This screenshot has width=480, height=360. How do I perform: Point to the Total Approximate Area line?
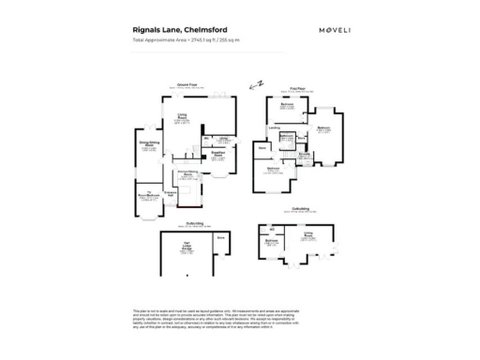click(187, 41)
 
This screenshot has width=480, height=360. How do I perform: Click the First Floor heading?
click(299, 84)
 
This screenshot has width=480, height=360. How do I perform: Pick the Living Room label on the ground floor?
click(182, 116)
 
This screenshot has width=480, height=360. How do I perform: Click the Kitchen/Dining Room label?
click(187, 173)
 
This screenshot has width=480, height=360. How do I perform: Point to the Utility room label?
click(224, 137)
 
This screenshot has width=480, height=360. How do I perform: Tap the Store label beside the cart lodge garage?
click(221, 238)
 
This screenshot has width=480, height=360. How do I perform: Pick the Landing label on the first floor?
click(276, 127)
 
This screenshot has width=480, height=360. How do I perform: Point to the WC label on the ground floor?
click(208, 138)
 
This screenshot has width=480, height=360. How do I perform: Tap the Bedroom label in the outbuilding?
click(272, 241)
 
